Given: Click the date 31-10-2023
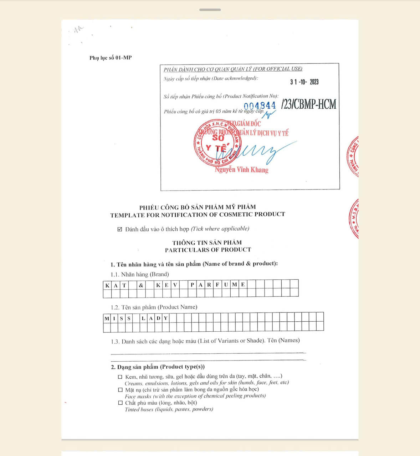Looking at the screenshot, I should click(304, 82).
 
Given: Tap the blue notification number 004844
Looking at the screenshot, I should click(260, 106).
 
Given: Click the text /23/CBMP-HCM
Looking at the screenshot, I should click(309, 104).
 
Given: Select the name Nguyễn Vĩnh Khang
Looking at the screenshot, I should click(241, 170).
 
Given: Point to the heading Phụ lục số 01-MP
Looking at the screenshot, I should click(111, 58).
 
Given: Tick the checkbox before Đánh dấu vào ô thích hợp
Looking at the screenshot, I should click(120, 229).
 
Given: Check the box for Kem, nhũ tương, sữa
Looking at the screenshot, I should click(120, 377).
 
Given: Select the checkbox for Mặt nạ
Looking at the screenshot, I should click(120, 390).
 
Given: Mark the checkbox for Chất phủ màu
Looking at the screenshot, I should click(120, 403).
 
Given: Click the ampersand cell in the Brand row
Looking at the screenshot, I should click(141, 285).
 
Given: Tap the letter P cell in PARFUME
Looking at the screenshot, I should click(192, 285).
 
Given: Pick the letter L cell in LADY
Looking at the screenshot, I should click(143, 318).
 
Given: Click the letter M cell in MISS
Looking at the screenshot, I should click(107, 318).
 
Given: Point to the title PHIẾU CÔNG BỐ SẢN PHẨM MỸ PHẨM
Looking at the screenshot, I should click(198, 207).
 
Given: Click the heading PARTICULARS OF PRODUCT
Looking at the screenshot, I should click(208, 250).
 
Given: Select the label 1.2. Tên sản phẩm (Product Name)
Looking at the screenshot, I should click(154, 307).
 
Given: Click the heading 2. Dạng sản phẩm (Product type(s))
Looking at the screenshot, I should click(158, 367).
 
